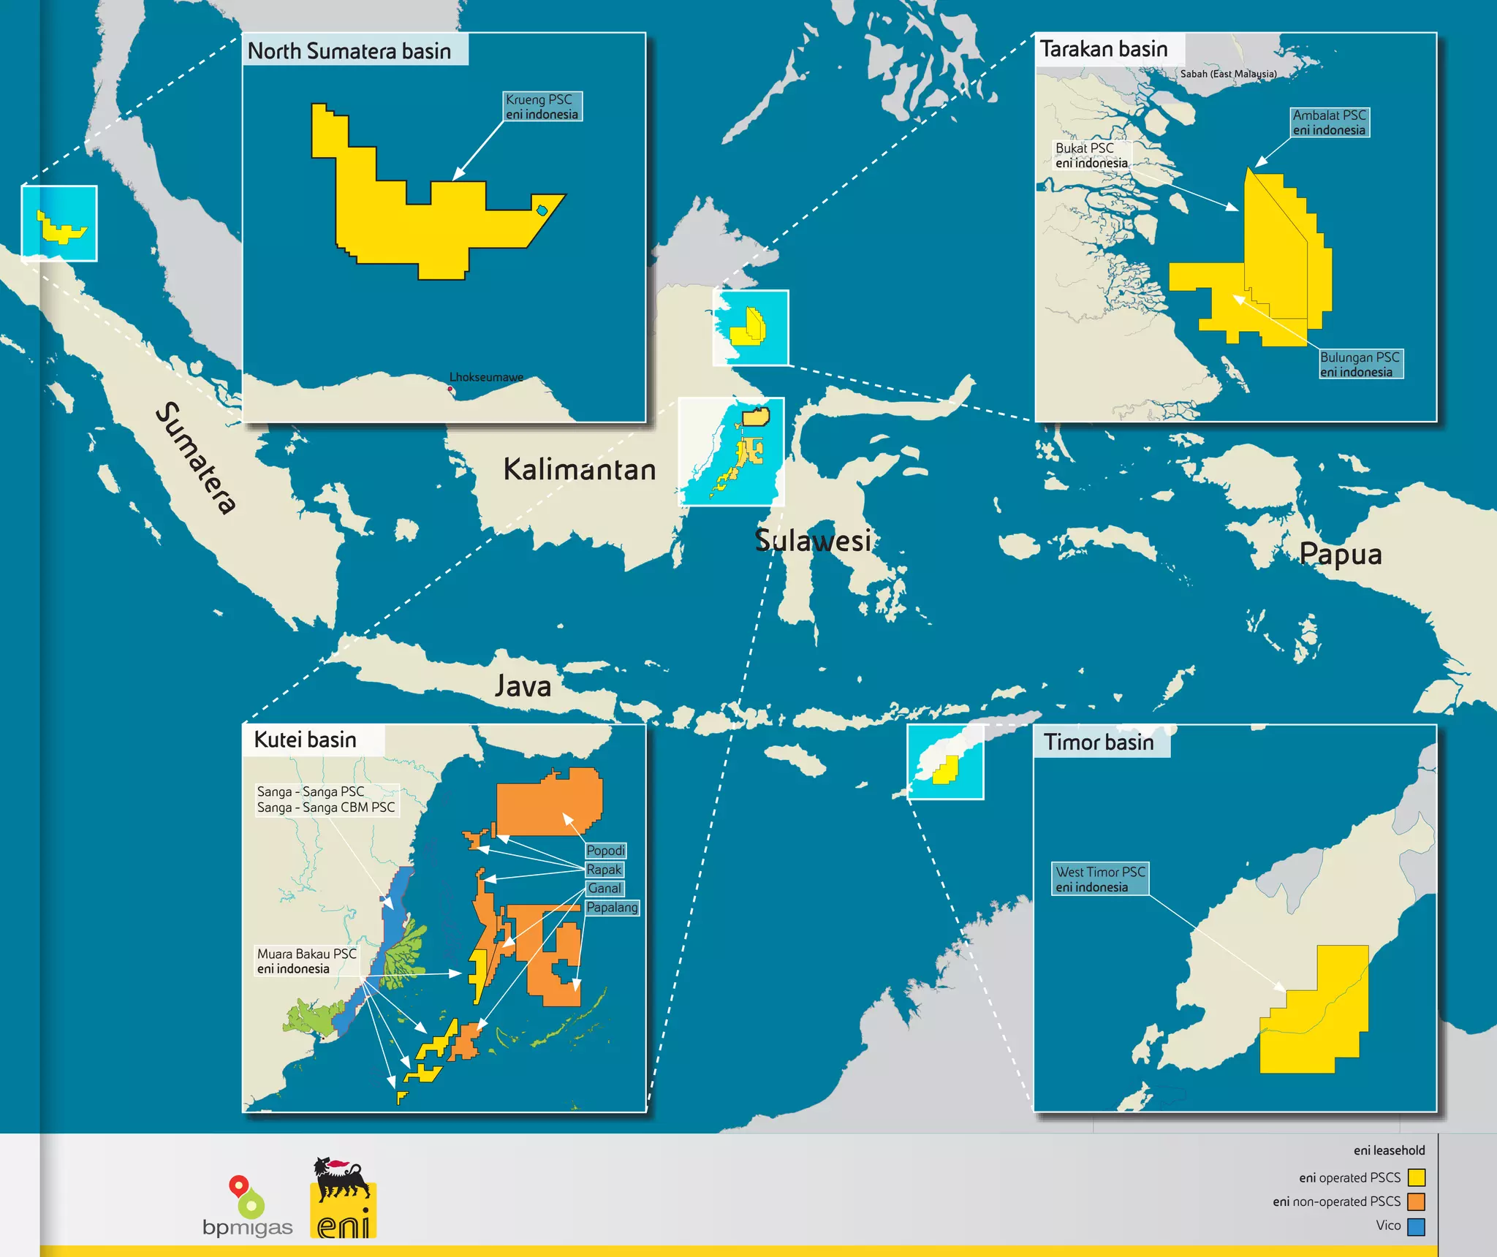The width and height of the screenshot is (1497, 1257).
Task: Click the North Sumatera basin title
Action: click(349, 51)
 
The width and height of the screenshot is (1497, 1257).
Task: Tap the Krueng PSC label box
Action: click(542, 107)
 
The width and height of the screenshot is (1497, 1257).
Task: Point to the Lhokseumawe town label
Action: click(486, 377)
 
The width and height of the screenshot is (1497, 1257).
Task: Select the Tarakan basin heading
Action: click(1104, 49)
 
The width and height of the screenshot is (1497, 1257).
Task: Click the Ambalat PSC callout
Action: click(1329, 123)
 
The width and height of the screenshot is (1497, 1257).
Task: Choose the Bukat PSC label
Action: click(1091, 156)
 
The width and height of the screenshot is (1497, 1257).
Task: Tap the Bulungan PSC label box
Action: click(1360, 365)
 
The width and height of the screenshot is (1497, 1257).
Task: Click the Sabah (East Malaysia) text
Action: click(1228, 74)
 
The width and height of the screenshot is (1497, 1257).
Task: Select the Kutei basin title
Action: click(305, 740)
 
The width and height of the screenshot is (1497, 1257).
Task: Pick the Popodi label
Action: click(605, 851)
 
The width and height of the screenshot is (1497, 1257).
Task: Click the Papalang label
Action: click(612, 908)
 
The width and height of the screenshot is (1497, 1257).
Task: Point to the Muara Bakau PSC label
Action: click(306, 961)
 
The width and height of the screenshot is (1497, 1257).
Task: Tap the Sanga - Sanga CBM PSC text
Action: click(326, 808)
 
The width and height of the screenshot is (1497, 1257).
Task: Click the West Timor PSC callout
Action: click(1100, 879)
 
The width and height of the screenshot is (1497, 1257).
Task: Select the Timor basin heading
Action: click(1099, 743)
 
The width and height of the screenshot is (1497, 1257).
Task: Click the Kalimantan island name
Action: click(580, 470)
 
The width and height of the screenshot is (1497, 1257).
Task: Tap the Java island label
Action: click(523, 686)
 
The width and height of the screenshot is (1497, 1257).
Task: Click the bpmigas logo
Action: click(247, 1207)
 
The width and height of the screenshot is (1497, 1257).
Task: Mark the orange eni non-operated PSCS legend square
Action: click(1416, 1201)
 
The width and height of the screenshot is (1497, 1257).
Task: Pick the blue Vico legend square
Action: click(1416, 1226)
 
